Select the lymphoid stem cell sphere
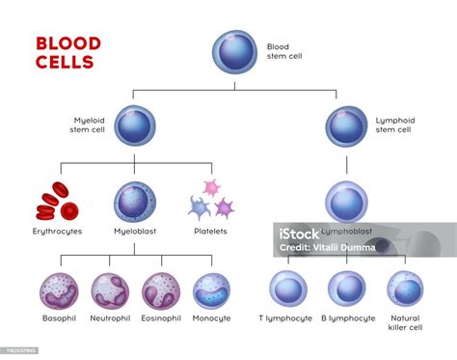(346, 125)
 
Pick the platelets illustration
(211, 200)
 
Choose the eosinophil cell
(160, 291)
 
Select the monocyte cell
(212, 291)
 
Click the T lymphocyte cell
(287, 290)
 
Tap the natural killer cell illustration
(405, 290)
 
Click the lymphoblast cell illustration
(346, 202)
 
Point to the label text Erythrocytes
(57, 232)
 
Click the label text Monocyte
(212, 318)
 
